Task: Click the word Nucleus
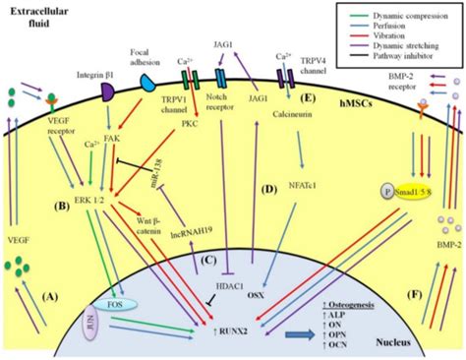[406, 337]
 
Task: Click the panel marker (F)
[393, 293]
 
